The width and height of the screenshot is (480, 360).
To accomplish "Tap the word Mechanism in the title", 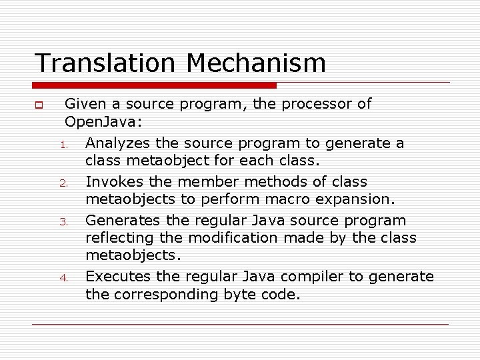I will pyautogui.click(x=257, y=63).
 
